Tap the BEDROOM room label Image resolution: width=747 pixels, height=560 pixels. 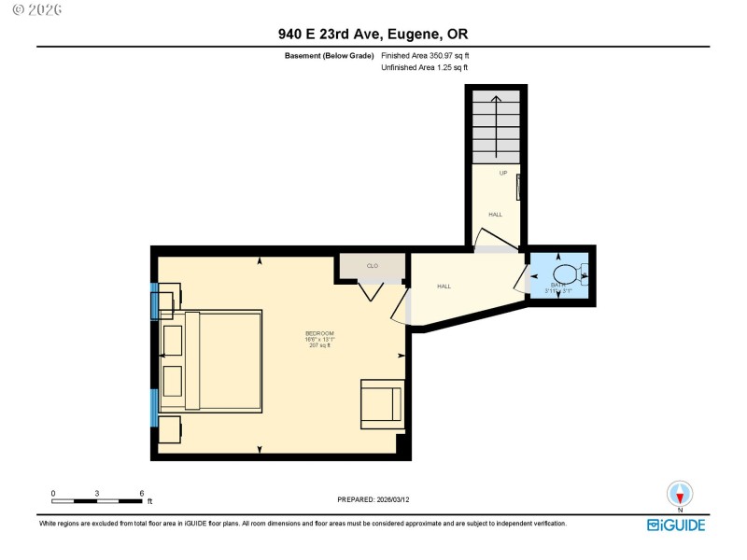click(319, 333)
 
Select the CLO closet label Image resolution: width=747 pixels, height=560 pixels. click(372, 266)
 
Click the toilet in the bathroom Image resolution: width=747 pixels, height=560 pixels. click(566, 274)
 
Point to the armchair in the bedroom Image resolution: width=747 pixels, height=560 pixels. click(382, 403)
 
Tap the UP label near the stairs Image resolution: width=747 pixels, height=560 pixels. click(503, 174)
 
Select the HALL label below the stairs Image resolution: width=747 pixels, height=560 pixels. click(495, 215)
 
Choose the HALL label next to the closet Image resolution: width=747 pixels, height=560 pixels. click(444, 287)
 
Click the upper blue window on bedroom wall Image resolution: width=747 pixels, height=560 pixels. click(155, 300)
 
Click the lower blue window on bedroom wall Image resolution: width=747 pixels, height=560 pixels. click(155, 407)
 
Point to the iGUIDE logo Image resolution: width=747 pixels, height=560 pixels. click(677, 525)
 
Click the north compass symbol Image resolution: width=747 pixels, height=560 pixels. click(680, 494)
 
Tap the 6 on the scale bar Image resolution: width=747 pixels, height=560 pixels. click(141, 493)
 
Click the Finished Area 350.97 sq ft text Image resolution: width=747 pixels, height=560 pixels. click(425, 56)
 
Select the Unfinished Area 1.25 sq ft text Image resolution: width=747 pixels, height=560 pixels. click(425, 67)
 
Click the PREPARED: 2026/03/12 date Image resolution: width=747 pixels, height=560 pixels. click(373, 499)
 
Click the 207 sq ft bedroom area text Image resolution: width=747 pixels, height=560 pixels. click(319, 346)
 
